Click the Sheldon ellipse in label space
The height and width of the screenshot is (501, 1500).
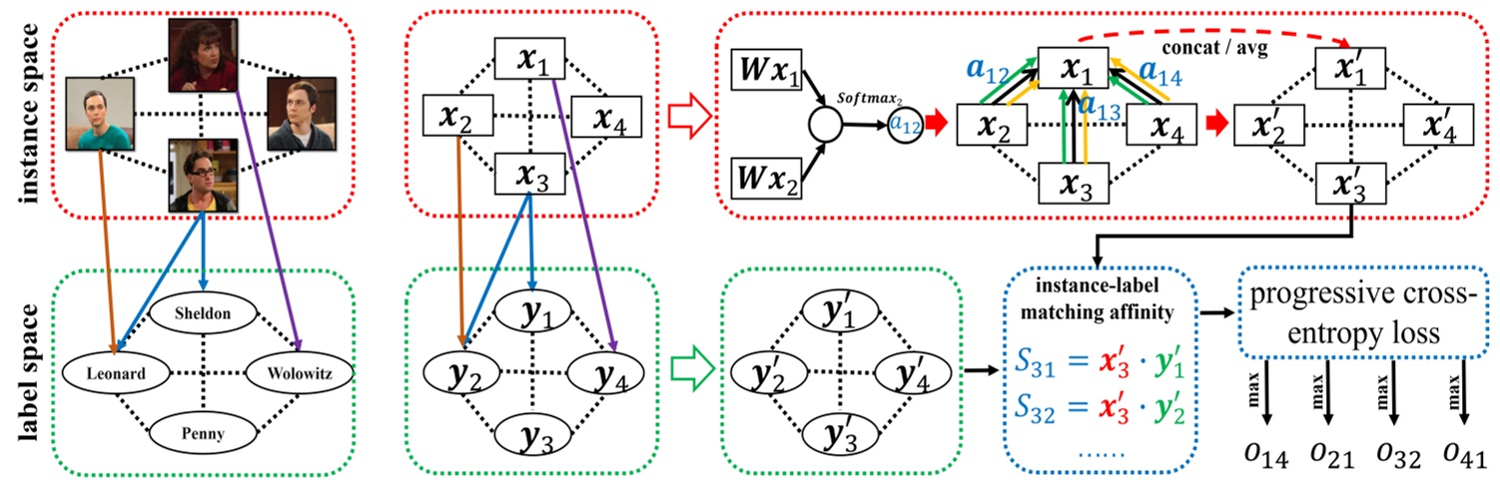coord(205,313)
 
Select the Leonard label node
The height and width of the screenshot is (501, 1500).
coord(112,374)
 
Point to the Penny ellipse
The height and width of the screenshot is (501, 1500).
coord(205,434)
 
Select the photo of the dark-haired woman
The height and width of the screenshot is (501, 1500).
coord(205,50)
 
